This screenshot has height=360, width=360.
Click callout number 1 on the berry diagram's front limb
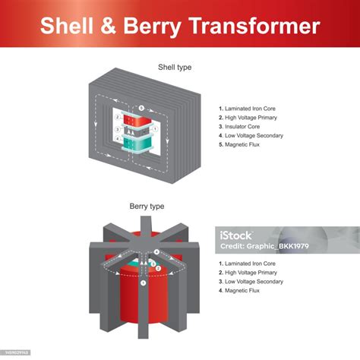click(x=143, y=283)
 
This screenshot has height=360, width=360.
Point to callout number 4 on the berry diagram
click(x=156, y=251)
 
